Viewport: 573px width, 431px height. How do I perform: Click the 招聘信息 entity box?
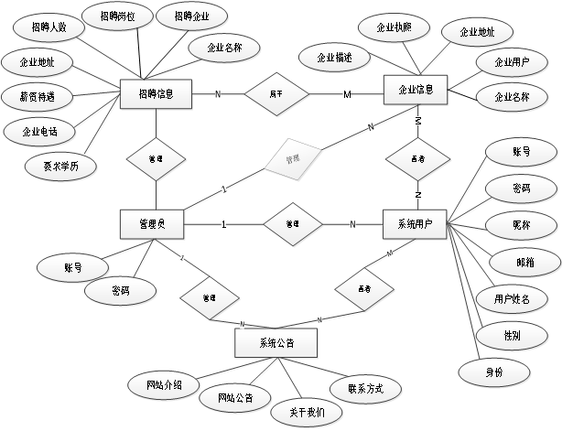pos(156,93)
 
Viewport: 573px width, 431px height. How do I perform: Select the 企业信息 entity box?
pos(416,92)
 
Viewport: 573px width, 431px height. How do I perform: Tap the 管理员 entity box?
pos(153,223)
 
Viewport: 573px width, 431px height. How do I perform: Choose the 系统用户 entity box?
pos(416,223)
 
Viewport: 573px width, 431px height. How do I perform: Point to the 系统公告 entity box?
pos(276,343)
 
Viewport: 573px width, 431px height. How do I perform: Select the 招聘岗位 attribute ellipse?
pos(121,16)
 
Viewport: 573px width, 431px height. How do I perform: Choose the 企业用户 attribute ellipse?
pos(513,62)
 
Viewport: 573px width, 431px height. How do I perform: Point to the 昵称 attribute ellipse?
pos(521,224)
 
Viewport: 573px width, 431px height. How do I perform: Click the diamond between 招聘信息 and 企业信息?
pos(276,93)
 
